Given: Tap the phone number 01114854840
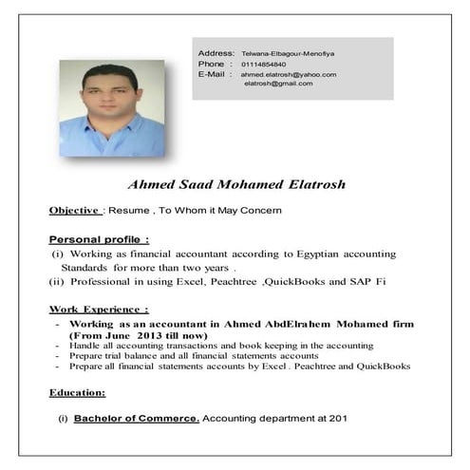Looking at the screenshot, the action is tap(264, 65).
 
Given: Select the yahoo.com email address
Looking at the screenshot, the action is tap(289, 74).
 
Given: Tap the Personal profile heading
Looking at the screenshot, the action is tap(98, 239).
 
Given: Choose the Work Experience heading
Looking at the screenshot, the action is tap(98, 309).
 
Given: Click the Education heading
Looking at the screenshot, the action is tap(77, 391).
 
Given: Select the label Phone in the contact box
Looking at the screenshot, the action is tap(210, 65).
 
